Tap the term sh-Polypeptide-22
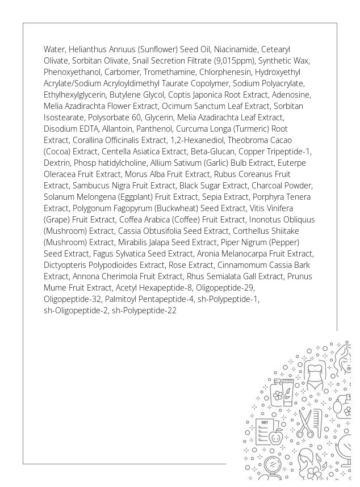click(144, 310)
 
